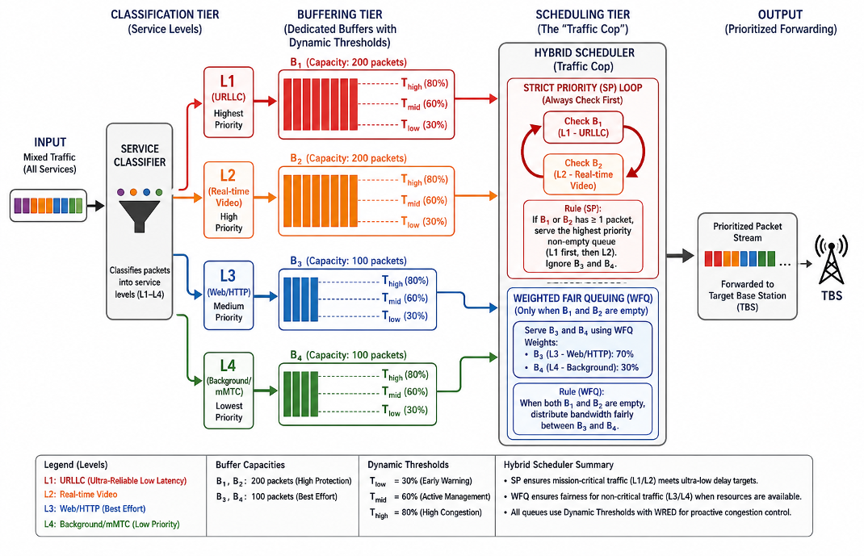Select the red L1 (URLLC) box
[229, 102]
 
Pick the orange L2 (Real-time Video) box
[229, 200]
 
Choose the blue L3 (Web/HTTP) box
[229, 295]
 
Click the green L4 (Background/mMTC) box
[229, 391]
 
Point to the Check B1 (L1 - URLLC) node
[583, 128]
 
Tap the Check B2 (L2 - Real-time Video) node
[583, 174]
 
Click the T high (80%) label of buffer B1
[424, 84]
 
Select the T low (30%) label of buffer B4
[405, 410]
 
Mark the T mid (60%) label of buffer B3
[405, 299]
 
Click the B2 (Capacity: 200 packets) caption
[348, 158]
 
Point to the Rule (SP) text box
[583, 236]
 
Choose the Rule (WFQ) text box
[582, 409]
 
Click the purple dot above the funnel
[121, 192]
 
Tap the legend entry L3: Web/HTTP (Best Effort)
[94, 508]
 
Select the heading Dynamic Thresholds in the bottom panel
[409, 465]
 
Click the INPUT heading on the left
[50, 142]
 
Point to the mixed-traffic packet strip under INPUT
[48, 205]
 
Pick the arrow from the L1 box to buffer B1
[265, 101]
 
